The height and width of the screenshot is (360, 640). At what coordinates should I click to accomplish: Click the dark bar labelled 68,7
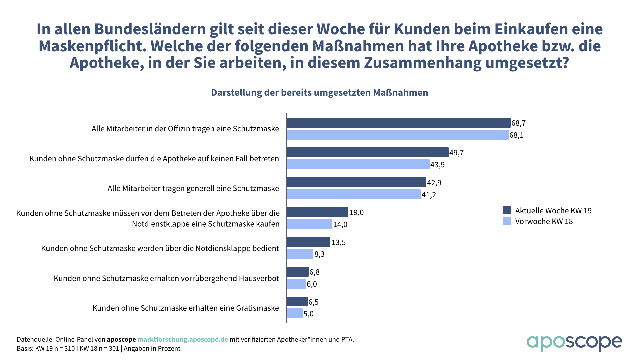click(398, 123)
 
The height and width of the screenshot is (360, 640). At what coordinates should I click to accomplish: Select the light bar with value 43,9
click(358, 164)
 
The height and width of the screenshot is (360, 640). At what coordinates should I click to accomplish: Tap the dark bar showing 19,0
click(317, 212)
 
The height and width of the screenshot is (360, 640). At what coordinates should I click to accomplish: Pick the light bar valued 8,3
click(300, 254)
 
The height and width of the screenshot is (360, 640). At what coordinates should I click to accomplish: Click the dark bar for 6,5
click(297, 302)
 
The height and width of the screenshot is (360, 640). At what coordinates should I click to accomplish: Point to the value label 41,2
click(429, 195)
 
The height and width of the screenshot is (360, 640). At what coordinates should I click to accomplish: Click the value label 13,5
click(338, 242)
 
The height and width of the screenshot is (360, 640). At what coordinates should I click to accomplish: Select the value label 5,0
click(308, 314)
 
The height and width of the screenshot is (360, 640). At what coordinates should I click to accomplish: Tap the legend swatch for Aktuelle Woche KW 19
click(507, 210)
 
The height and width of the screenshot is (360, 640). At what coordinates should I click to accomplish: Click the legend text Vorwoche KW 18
click(544, 221)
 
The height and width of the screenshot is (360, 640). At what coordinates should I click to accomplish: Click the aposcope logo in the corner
click(574, 343)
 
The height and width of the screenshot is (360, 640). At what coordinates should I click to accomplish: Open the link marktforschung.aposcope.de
click(183, 339)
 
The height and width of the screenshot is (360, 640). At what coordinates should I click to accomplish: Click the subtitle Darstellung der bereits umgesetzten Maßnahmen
click(319, 93)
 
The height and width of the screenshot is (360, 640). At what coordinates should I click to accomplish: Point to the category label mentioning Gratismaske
click(186, 308)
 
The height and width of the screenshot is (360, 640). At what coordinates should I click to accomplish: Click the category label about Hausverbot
click(166, 278)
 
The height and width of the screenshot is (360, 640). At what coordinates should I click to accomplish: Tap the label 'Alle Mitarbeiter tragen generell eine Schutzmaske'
click(193, 188)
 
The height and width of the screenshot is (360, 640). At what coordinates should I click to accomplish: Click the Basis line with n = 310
click(98, 349)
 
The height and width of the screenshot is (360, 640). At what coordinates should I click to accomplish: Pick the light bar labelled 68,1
click(397, 135)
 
